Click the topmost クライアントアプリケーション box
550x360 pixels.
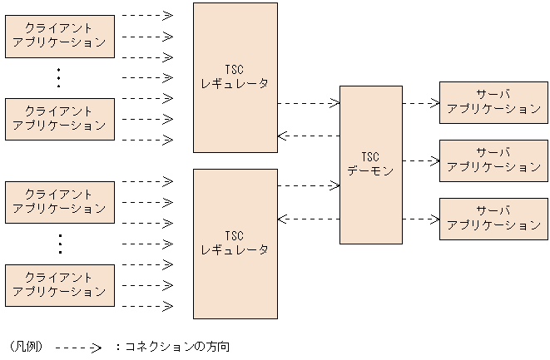coord(60,36)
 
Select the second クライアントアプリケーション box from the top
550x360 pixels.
coord(60,119)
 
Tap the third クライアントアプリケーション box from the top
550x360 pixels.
coord(60,202)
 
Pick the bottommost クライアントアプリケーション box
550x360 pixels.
coord(60,285)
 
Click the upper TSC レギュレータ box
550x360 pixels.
coord(235,77)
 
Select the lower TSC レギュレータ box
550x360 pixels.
coord(235,244)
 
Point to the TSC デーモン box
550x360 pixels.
coord(370,165)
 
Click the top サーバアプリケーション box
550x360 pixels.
coord(493,103)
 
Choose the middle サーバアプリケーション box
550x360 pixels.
coord(493,160)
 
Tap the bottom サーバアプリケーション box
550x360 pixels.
coord(493,219)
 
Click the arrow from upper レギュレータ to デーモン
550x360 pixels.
coord(308,103)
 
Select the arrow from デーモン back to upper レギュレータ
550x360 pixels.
coord(308,136)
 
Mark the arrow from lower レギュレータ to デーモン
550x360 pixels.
coord(308,186)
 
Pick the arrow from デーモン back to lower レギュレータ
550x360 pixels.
coord(308,219)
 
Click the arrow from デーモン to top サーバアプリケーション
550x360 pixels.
coord(420,104)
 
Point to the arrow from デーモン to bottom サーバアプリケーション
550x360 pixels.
coord(420,219)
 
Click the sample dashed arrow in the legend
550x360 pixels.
coord(78,348)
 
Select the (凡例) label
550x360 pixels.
coord(25,346)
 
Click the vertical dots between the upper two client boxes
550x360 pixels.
coord(58,77)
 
